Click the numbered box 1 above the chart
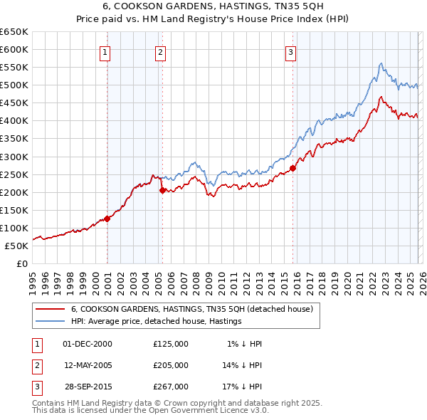(x=105, y=51)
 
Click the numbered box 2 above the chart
(x=161, y=51)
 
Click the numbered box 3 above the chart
(x=291, y=51)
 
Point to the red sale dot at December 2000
(x=107, y=219)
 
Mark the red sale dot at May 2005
(x=162, y=190)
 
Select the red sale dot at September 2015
(x=293, y=168)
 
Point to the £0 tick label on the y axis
(x=22, y=263)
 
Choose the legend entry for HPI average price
(x=157, y=321)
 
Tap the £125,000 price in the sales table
(x=171, y=343)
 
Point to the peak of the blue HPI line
(x=381, y=63)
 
